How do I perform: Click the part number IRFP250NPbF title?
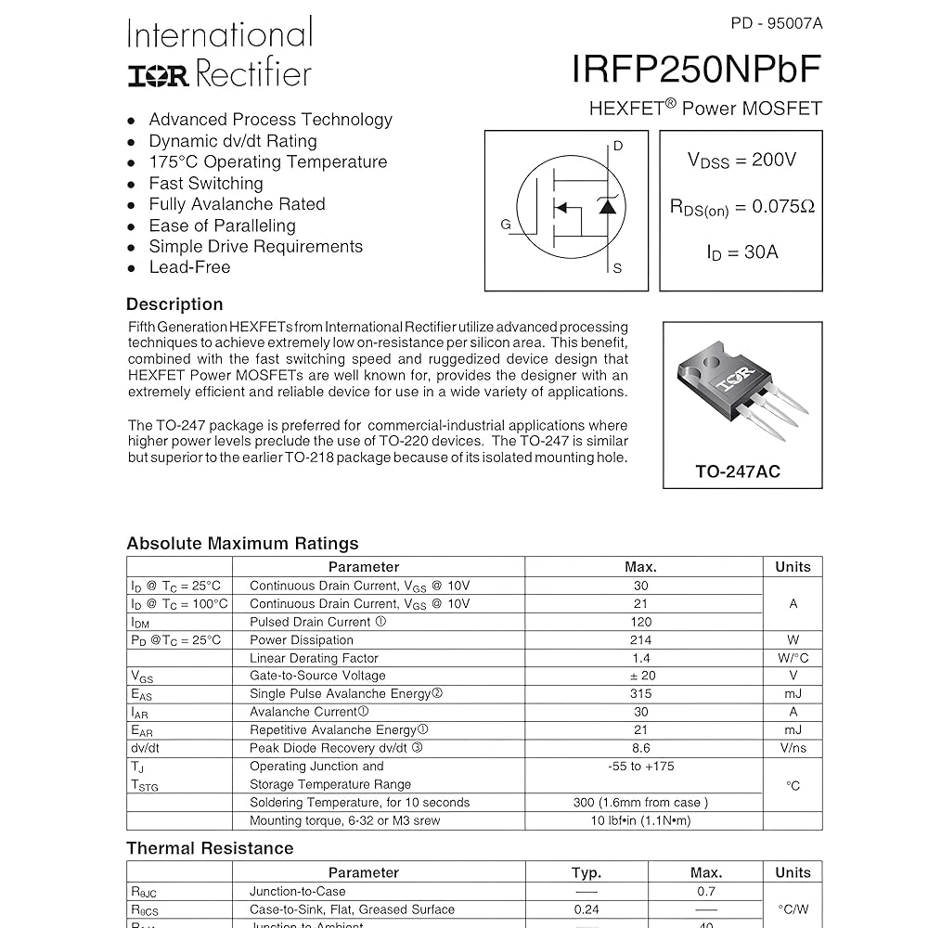pos(696,69)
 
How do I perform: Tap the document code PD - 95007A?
pos(777,23)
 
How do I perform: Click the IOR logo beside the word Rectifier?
pos(158,76)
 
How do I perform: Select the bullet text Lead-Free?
pos(189,267)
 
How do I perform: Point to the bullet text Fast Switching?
pos(206,184)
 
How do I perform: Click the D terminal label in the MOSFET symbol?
pos(618,146)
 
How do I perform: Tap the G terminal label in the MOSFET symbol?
pos(506,225)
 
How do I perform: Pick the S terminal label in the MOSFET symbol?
pos(617,269)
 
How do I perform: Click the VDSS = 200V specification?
pos(741,160)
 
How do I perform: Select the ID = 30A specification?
pos(741,251)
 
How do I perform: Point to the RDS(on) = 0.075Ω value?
pos(741,207)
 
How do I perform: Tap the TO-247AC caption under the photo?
pos(738,471)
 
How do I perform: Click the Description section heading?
pos(174,304)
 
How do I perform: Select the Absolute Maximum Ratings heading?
pos(242,544)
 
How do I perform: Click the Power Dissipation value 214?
pos(640,640)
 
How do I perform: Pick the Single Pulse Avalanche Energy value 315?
pos(640,694)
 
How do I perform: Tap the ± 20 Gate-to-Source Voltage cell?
pos(640,676)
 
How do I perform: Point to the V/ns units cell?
pos(793,748)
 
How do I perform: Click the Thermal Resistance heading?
pos(210,848)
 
